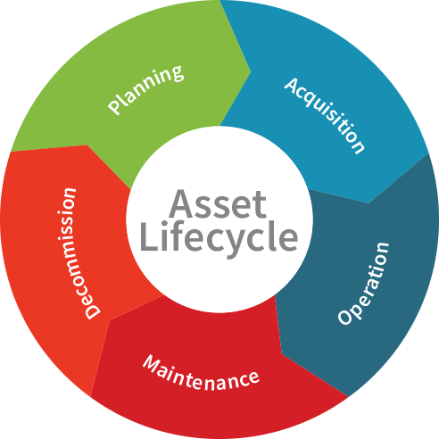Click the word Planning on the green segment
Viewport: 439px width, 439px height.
click(145, 90)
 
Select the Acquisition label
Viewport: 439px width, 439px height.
click(325, 115)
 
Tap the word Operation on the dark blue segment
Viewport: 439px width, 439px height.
click(363, 284)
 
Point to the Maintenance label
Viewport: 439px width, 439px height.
click(201, 373)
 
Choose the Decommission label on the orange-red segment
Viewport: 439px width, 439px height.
click(79, 253)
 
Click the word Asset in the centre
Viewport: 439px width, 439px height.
click(218, 204)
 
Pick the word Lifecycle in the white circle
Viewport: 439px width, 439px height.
click(219, 237)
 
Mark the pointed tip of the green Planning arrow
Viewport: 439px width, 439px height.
click(251, 71)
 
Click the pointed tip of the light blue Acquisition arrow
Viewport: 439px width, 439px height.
click(369, 203)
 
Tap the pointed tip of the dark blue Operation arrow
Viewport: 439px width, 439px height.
click(281, 354)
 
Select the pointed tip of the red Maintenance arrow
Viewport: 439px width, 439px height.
click(110, 320)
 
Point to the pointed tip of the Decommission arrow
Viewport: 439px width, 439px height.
click(87, 145)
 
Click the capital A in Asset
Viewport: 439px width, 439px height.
click(181, 203)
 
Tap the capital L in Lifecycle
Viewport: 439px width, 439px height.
click(149, 236)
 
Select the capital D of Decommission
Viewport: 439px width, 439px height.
click(93, 311)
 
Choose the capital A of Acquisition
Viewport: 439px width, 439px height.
click(292, 85)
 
